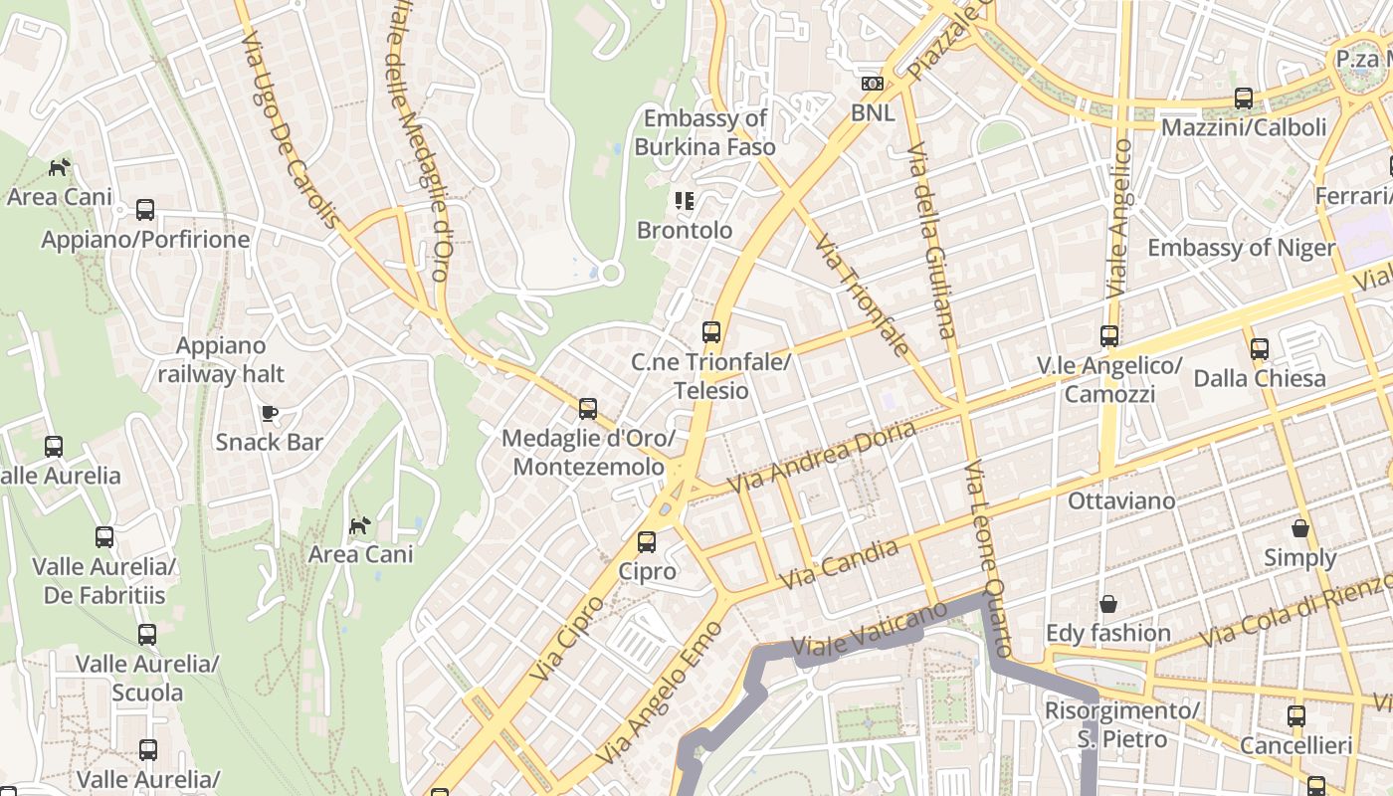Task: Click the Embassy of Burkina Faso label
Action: pos(705,132)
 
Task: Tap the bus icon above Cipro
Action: pos(647,542)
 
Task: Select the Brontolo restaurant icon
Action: pos(684,201)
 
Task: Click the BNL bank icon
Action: pos(873,84)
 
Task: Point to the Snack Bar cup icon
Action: pos(269,412)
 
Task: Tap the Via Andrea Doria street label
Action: pos(822,457)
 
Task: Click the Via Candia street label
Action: pos(839,564)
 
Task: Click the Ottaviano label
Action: pos(1121,500)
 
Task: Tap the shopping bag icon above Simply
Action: pos(1300,527)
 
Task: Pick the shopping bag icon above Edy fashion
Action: pos(1107,604)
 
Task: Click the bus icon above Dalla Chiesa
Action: pos(1260,348)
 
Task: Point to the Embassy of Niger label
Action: pos(1241,248)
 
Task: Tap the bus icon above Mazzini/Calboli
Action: pos(1244,98)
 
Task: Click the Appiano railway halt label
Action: pos(221,359)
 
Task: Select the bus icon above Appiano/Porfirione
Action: pos(145,210)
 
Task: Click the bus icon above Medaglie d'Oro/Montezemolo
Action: pos(588,408)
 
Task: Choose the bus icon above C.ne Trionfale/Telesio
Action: pos(711,332)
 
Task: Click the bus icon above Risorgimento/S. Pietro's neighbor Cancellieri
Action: pos(1296,715)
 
